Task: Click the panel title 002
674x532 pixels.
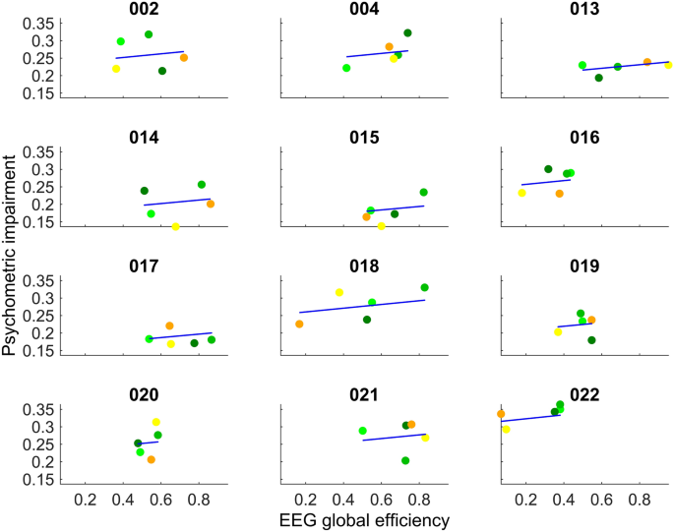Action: pyautogui.click(x=144, y=10)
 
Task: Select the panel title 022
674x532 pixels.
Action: pyautogui.click(x=585, y=395)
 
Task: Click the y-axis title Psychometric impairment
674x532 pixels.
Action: pyautogui.click(x=11, y=266)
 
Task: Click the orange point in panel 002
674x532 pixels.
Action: pyautogui.click(x=184, y=58)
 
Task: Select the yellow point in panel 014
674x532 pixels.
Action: pyautogui.click(x=176, y=227)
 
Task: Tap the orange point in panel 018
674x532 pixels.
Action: pyautogui.click(x=300, y=324)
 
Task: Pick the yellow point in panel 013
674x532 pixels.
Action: pyautogui.click(x=668, y=65)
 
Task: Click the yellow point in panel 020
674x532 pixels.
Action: pyautogui.click(x=156, y=422)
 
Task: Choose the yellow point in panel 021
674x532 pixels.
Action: pyautogui.click(x=425, y=438)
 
